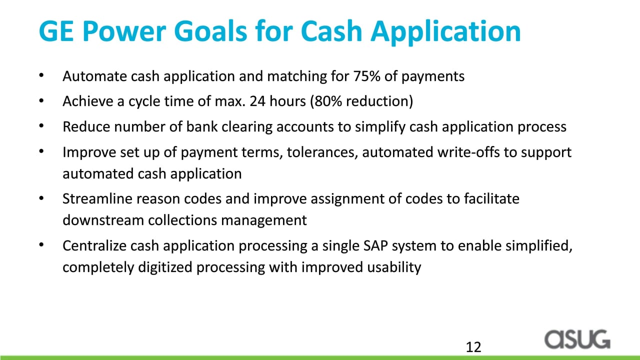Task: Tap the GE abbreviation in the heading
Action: coord(56,31)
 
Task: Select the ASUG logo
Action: coord(577,339)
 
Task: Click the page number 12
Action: coord(473,347)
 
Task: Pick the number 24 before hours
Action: coord(257,101)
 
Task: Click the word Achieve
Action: coord(87,101)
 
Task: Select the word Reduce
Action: coord(86,126)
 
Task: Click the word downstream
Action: coord(103,220)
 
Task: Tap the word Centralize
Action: coord(94,245)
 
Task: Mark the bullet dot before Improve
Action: coord(41,151)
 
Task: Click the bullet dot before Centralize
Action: coord(41,244)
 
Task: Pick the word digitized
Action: coord(165,267)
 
